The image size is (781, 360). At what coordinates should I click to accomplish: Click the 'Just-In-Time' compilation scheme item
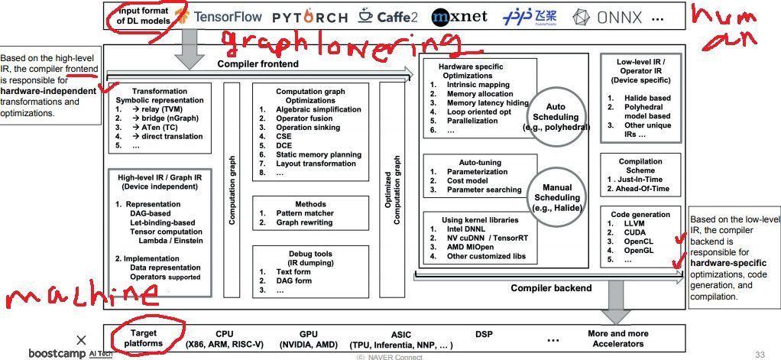[637, 179]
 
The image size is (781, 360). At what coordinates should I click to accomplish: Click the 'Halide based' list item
[640, 98]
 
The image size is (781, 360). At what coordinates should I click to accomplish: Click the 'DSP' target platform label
[484, 334]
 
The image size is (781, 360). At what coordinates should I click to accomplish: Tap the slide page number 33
[759, 354]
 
